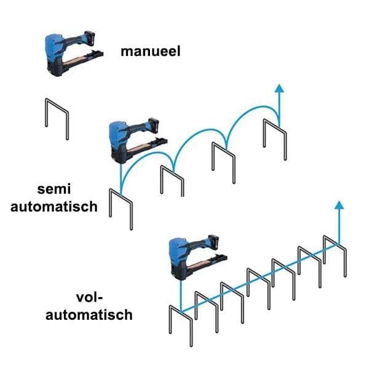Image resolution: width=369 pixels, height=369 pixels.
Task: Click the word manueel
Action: click(x=151, y=51)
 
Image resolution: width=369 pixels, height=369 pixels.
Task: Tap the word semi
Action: click(x=54, y=189)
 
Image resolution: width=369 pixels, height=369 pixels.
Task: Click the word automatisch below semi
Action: click(x=54, y=207)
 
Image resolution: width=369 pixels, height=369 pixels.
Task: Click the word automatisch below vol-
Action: click(x=89, y=315)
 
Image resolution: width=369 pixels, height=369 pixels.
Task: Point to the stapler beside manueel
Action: click(x=74, y=54)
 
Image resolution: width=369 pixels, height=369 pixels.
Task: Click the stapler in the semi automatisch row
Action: click(x=138, y=140)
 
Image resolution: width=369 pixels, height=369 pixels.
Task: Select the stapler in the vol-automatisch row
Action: click(x=198, y=258)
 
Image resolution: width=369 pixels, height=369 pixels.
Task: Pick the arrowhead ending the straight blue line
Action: click(x=339, y=205)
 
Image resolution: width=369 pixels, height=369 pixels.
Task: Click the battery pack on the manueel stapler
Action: click(x=90, y=38)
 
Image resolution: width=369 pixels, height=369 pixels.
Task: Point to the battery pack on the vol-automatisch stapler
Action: click(x=213, y=242)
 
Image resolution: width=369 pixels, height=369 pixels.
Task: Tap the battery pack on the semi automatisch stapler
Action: click(x=154, y=125)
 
